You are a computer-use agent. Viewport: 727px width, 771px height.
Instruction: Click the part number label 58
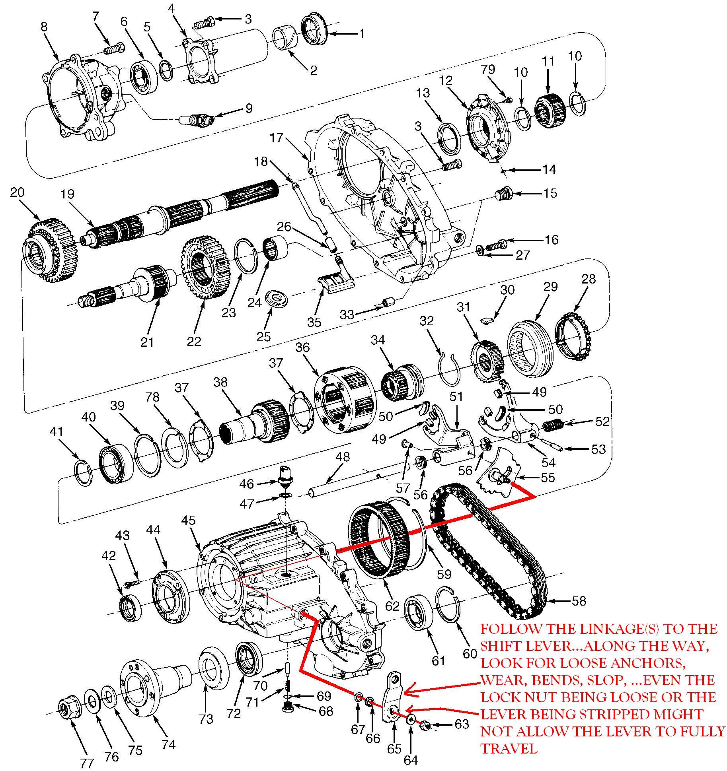pos(579,600)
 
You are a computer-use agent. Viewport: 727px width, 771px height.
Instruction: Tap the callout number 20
pos(17,192)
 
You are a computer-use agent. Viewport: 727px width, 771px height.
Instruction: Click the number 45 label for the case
pos(189,520)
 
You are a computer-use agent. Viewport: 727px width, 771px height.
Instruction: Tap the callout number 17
pos(276,138)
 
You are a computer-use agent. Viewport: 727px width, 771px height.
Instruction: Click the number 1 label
pos(361,34)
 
